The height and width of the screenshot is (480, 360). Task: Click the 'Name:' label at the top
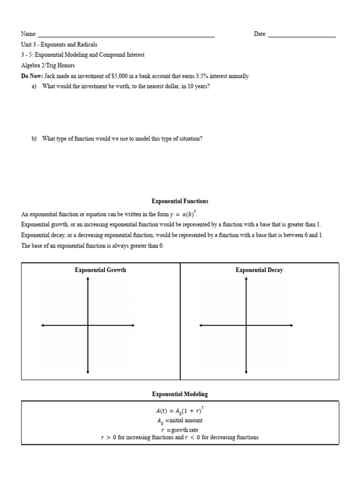pyautogui.click(x=29, y=34)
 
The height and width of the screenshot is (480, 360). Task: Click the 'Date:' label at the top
pyautogui.click(x=260, y=34)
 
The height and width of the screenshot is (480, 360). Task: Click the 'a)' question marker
pyautogui.click(x=34, y=86)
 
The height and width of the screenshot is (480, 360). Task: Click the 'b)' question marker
pyautogui.click(x=34, y=139)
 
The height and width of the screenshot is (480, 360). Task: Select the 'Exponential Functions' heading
pyautogui.click(x=180, y=201)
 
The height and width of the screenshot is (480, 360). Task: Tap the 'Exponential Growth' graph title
pyautogui.click(x=100, y=270)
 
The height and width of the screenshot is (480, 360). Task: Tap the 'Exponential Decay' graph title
pyautogui.click(x=259, y=270)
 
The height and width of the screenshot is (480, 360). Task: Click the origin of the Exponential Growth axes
pyautogui.click(x=88, y=325)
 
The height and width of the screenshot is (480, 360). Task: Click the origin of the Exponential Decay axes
pyautogui.click(x=246, y=325)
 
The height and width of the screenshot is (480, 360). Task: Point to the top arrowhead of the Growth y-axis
pyautogui.click(x=88, y=279)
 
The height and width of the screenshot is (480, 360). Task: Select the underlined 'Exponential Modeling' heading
pyautogui.click(x=180, y=395)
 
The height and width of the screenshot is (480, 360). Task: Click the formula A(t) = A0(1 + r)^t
pyautogui.click(x=180, y=411)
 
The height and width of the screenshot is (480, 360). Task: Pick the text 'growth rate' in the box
pyautogui.click(x=184, y=429)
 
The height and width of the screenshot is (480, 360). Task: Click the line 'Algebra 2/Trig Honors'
pyautogui.click(x=48, y=66)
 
